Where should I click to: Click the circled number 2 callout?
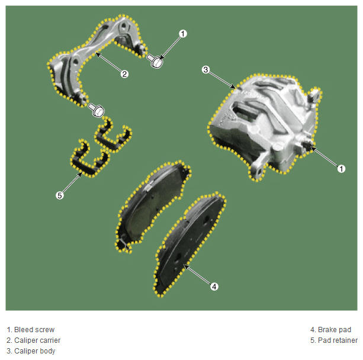click(x=124, y=74)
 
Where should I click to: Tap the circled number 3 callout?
click(x=205, y=69)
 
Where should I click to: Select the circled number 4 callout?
click(x=214, y=287)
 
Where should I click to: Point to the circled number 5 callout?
click(x=60, y=195)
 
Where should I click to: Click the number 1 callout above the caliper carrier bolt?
click(x=183, y=34)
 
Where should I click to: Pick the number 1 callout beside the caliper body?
click(x=341, y=169)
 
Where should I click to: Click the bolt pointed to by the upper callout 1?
click(x=155, y=60)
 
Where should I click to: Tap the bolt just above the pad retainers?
click(x=97, y=110)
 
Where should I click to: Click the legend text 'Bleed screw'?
click(x=34, y=329)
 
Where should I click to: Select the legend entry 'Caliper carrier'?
click(x=37, y=340)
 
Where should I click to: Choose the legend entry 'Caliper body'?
click(x=35, y=351)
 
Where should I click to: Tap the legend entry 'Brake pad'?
click(x=335, y=329)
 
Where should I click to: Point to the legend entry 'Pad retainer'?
click(x=338, y=340)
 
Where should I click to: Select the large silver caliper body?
click(x=264, y=125)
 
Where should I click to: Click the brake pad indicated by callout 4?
click(x=190, y=243)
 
